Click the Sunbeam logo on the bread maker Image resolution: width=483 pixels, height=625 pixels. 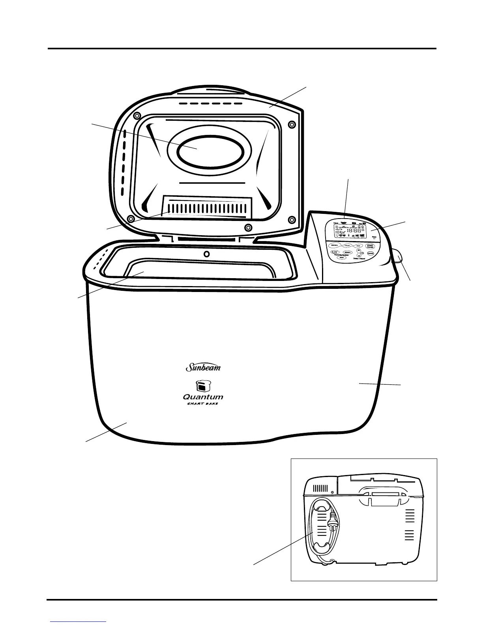(203, 368)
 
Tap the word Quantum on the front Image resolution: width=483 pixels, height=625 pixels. (203, 397)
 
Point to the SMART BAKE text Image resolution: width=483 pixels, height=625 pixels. (202, 404)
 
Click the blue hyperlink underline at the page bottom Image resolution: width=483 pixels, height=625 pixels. (78, 622)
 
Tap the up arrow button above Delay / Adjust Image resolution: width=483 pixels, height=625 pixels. (358, 251)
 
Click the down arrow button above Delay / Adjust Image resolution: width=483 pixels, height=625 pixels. (359, 256)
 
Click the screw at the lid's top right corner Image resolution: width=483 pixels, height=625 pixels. (292, 124)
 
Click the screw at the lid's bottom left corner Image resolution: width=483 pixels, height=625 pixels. (131, 219)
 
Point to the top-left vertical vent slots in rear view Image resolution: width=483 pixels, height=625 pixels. (321, 488)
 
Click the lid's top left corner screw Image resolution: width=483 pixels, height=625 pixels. (136, 115)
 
